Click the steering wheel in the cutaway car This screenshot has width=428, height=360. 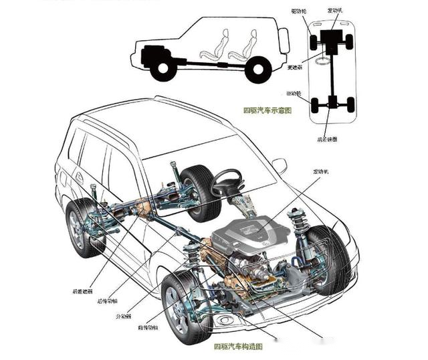pyautogui.click(x=227, y=181)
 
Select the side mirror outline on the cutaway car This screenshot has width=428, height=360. pyautogui.click(x=279, y=165)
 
